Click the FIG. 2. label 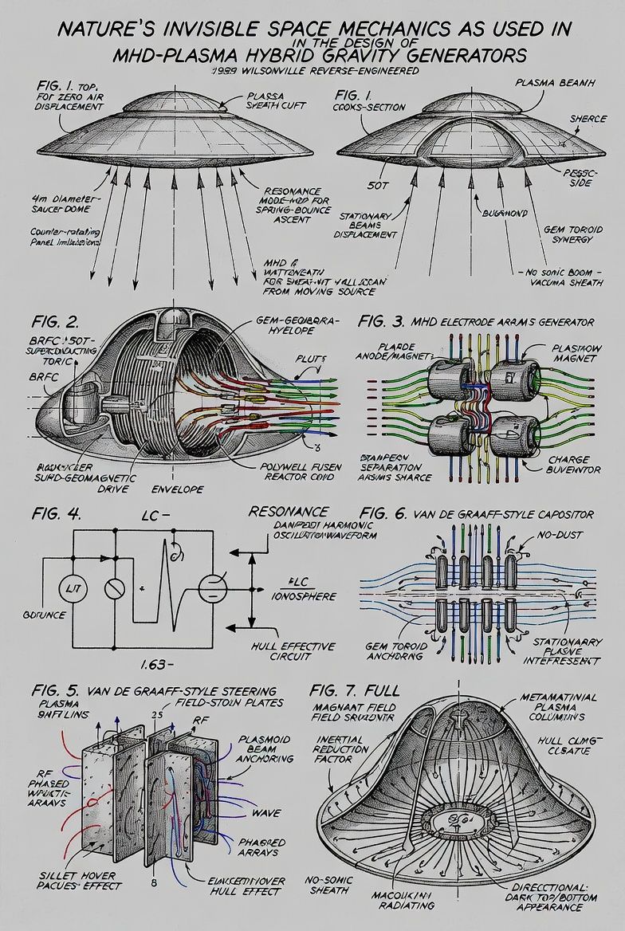(x=57, y=323)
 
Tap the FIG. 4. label (x=57, y=513)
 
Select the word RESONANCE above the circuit (x=289, y=511)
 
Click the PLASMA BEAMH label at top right (x=547, y=82)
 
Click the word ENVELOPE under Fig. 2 (x=176, y=489)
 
